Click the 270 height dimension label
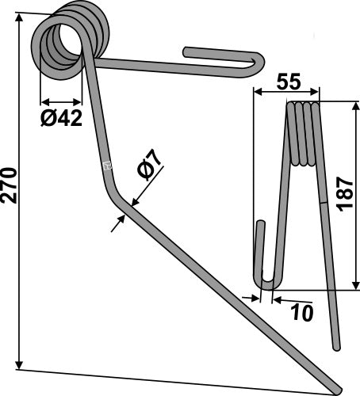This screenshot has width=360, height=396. (x=10, y=186)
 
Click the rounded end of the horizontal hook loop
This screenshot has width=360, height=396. (x=262, y=62)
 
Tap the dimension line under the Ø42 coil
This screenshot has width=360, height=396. (x=60, y=102)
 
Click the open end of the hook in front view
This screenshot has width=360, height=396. (x=187, y=52)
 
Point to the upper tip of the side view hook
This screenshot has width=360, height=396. (x=259, y=225)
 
